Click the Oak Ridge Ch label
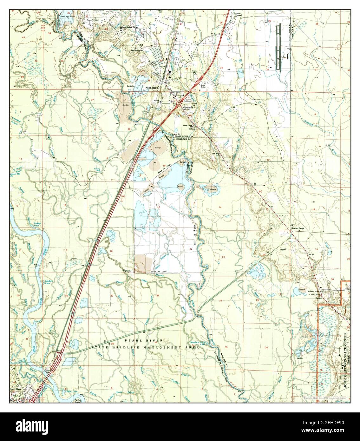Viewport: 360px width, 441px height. [217, 155]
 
